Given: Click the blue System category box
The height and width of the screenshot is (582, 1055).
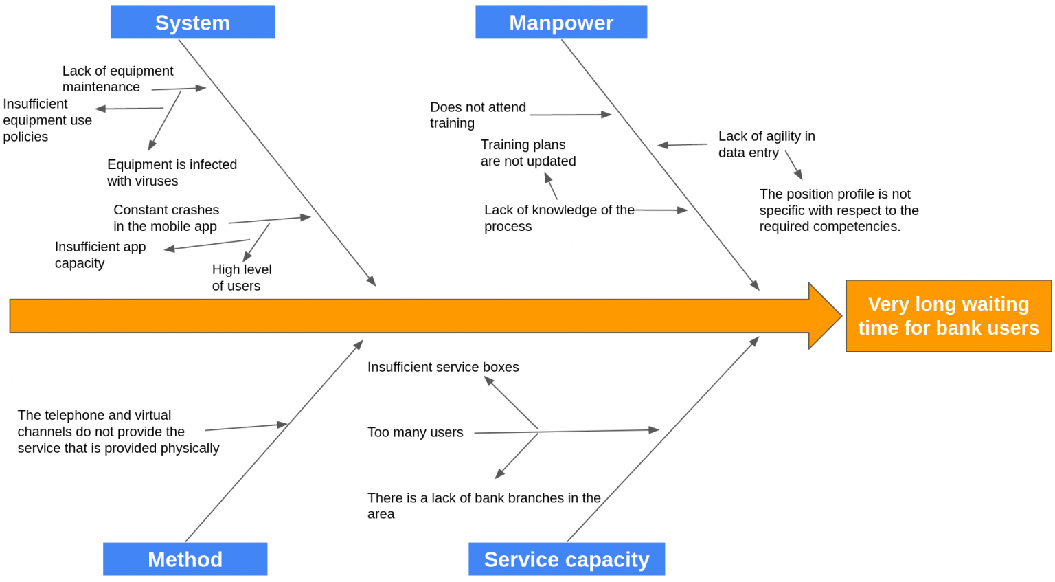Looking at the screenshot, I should pyautogui.click(x=192, y=23).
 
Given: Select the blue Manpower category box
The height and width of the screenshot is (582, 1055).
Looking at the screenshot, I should pyautogui.click(x=560, y=23).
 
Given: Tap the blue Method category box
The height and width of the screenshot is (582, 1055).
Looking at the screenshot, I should pyautogui.click(x=185, y=559).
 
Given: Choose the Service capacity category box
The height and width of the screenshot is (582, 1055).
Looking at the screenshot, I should pyautogui.click(x=566, y=559).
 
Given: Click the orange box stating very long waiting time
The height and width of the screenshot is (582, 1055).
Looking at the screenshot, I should pyautogui.click(x=948, y=316).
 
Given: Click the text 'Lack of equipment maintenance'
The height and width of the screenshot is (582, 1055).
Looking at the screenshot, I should pyautogui.click(x=117, y=79).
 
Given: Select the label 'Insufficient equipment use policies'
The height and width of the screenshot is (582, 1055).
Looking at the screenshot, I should pyautogui.click(x=47, y=120).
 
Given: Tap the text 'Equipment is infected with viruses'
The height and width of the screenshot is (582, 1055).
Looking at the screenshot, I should pyautogui.click(x=172, y=172).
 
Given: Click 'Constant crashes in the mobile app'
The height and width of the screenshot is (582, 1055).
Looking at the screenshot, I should pyautogui.click(x=166, y=218).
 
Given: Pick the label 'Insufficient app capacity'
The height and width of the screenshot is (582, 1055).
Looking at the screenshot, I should pyautogui.click(x=100, y=255).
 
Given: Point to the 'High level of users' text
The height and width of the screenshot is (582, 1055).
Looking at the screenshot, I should pyautogui.click(x=242, y=278).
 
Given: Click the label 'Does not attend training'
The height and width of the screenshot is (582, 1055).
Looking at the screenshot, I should pyautogui.click(x=477, y=115).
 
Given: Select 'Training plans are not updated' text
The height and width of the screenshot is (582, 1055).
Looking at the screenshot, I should pyautogui.click(x=527, y=153).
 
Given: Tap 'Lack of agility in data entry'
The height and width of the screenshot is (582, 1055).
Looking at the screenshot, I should pyautogui.click(x=766, y=144).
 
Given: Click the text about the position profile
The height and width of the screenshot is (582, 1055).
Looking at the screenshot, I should pyautogui.click(x=838, y=210).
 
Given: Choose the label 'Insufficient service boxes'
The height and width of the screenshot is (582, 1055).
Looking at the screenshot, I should pyautogui.click(x=443, y=367).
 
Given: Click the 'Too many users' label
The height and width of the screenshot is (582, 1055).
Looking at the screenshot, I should pyautogui.click(x=415, y=432).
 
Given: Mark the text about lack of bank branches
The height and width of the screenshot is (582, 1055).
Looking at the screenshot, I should pyautogui.click(x=484, y=506).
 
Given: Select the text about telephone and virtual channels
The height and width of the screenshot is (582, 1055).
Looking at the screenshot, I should pyautogui.click(x=118, y=432).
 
